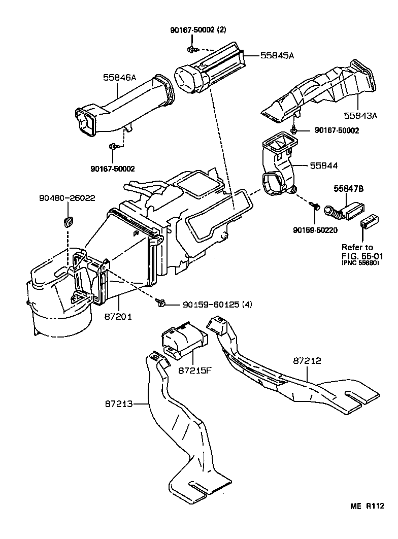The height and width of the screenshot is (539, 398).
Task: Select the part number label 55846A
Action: click(120, 77)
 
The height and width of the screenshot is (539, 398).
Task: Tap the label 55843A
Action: click(361, 115)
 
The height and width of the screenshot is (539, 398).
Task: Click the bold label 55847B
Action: click(349, 189)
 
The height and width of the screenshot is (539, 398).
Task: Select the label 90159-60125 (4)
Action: click(210, 305)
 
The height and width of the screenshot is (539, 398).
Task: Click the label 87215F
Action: click(194, 370)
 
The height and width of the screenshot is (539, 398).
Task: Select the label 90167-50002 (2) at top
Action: click(198, 30)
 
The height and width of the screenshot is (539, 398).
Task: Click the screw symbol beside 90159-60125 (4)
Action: click(161, 304)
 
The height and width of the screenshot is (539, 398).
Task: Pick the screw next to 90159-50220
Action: click(315, 207)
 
